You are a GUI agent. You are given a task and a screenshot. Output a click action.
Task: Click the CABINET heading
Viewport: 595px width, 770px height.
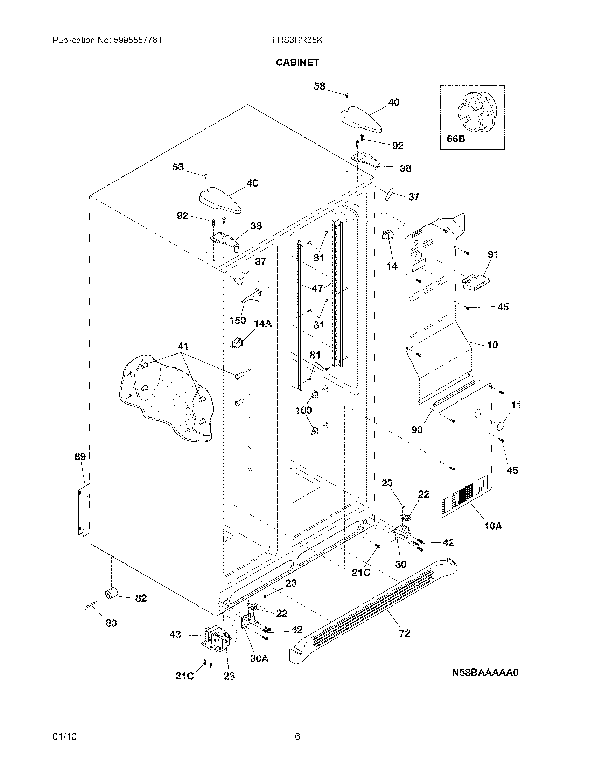[297, 62]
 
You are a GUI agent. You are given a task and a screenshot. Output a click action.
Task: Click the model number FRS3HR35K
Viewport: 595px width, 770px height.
[297, 40]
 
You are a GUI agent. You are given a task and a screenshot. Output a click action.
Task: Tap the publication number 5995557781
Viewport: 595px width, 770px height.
[138, 40]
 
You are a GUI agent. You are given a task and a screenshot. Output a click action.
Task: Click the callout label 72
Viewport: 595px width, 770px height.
[405, 633]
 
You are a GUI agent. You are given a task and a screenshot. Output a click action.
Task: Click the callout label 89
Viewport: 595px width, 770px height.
[80, 457]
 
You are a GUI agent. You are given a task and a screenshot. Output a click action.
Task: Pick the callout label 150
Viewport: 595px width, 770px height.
[238, 321]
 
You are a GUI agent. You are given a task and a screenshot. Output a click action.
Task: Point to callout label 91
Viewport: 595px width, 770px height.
[493, 254]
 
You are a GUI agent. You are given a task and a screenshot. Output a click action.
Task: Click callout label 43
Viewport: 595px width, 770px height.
[175, 635]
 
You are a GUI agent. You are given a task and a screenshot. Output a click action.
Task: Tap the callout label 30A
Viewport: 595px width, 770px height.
[259, 659]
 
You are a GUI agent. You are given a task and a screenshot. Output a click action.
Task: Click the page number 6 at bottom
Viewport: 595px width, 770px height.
[297, 736]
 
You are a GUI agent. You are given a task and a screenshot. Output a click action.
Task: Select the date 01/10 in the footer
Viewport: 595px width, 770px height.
[64, 736]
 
